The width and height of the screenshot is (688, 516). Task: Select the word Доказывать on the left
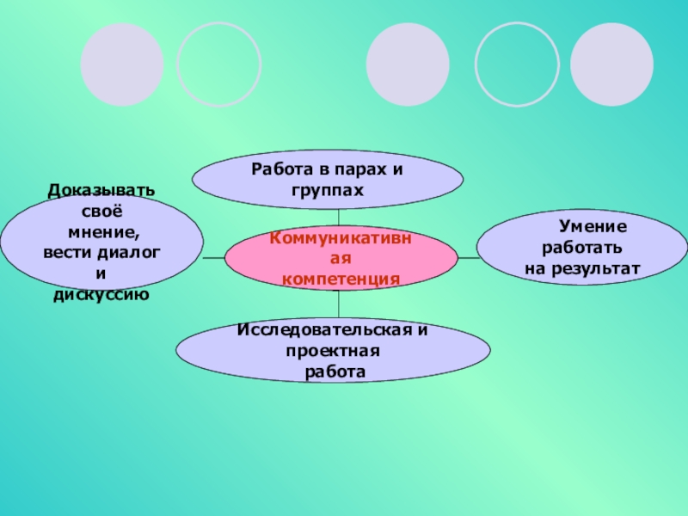point(101,190)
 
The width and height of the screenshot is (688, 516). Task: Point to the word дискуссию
point(101,295)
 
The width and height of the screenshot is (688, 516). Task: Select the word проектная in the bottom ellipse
point(334,351)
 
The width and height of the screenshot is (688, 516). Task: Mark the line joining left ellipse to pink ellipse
point(213,257)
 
